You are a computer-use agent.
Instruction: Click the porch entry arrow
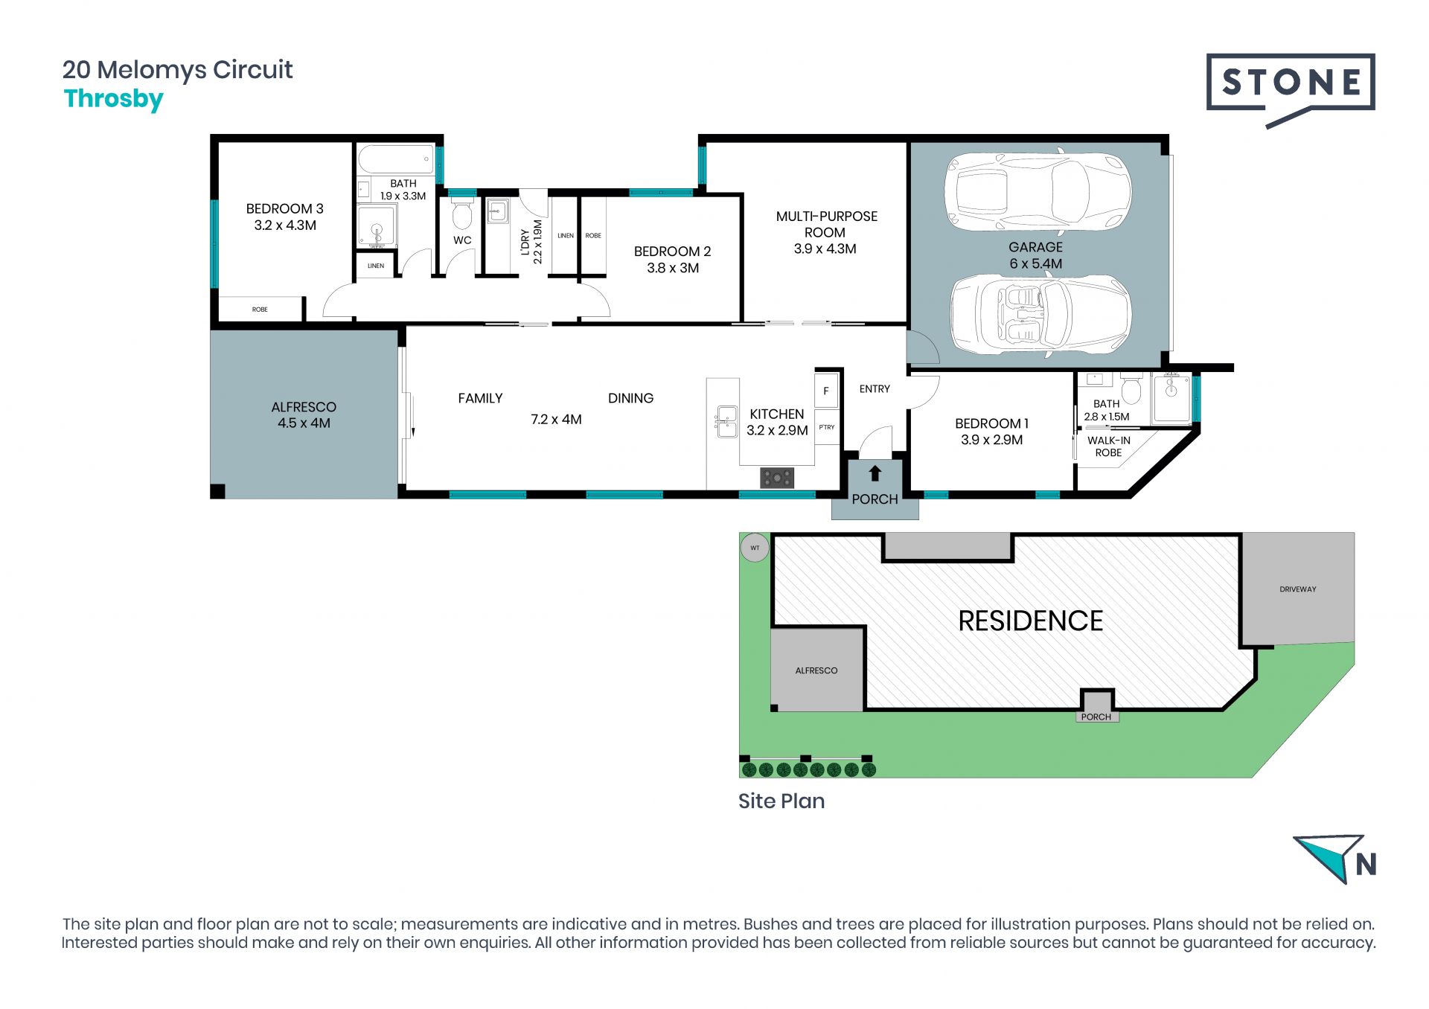(875, 473)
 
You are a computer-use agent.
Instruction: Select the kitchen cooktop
(777, 478)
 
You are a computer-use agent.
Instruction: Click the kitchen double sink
(726, 421)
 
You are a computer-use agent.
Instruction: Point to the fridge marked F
(826, 391)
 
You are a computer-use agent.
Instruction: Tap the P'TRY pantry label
(827, 427)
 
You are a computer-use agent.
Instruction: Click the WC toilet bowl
(462, 214)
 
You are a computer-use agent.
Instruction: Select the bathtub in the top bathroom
(397, 159)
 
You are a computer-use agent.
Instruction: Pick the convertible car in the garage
(1040, 313)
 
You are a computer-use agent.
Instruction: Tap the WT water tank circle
(755, 548)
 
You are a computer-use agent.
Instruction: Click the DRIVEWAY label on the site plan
(1298, 589)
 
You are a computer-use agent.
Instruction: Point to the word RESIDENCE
(1030, 621)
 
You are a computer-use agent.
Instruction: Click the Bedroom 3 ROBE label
(260, 310)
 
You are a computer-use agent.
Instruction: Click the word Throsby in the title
(114, 99)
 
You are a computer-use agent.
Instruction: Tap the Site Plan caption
(781, 801)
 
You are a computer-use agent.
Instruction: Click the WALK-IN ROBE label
(1108, 446)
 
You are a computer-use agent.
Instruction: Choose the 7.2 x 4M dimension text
(556, 420)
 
